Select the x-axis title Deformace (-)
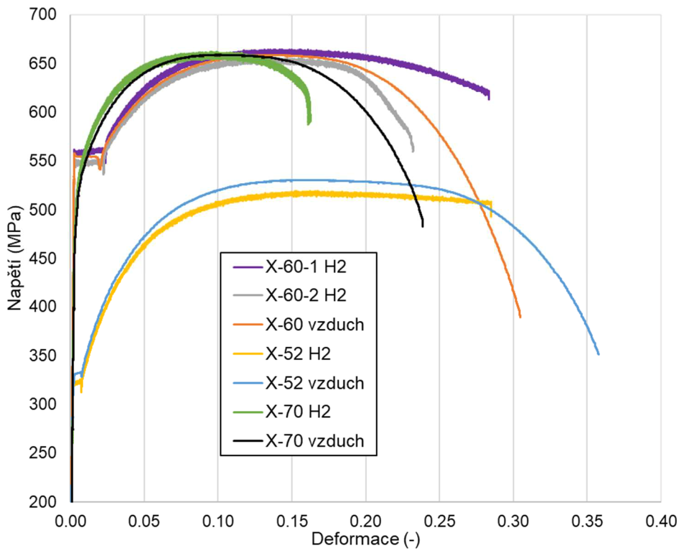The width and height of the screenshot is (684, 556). pos(366,539)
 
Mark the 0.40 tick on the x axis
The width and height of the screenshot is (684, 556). pos(661,519)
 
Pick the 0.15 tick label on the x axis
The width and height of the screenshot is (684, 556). pos(292,519)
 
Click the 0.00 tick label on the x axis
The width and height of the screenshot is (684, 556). pos(70,519)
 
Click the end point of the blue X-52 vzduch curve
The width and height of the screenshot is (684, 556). pos(599,353)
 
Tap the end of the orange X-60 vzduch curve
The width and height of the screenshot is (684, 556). pos(520,316)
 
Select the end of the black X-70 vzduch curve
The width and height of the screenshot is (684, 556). pos(423,226)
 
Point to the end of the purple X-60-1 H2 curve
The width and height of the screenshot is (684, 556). pos(489,98)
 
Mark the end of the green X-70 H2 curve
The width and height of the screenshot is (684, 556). pos(309,124)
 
